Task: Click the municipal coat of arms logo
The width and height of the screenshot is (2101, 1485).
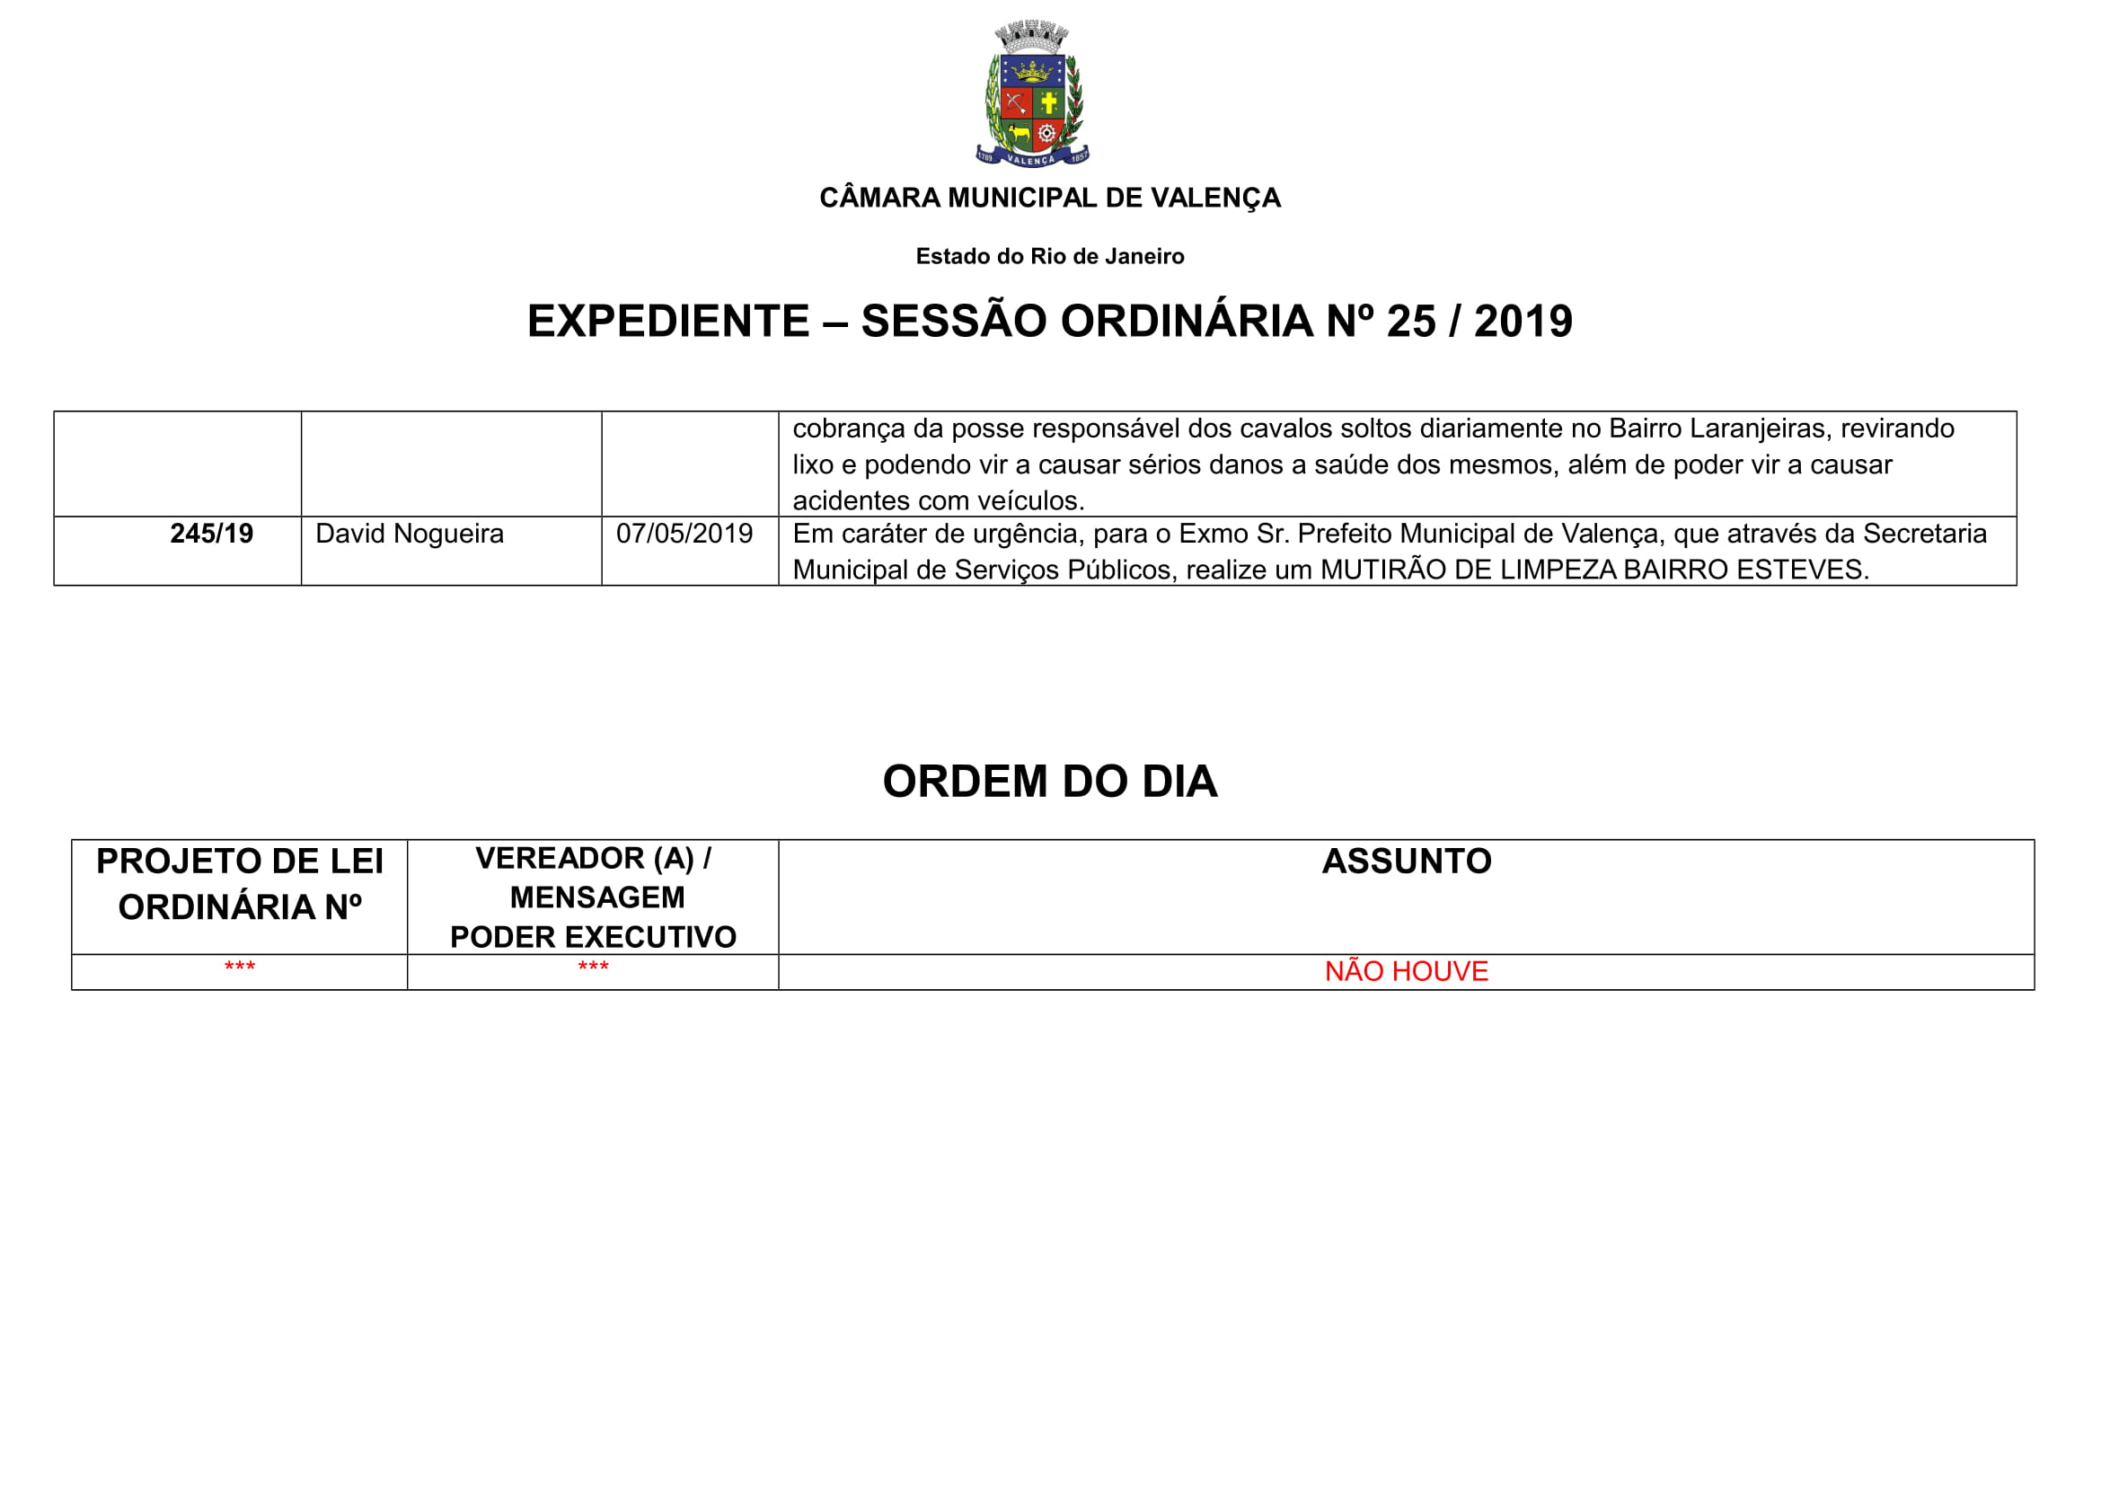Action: coord(1032,94)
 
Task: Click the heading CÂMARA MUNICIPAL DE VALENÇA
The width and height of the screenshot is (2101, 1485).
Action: coord(1049,198)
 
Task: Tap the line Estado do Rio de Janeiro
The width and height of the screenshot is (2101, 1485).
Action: coord(1049,256)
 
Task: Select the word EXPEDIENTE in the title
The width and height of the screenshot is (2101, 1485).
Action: coord(668,321)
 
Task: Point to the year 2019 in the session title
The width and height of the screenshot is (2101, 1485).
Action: coord(1523,321)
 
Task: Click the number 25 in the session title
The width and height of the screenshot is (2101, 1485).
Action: coord(1410,321)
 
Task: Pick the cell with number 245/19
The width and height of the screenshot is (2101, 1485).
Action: coord(211,534)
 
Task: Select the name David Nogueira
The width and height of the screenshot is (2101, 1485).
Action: coord(409,534)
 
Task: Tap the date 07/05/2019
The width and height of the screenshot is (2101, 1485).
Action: coord(684,534)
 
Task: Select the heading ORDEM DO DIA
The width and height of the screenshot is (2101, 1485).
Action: coord(1049,782)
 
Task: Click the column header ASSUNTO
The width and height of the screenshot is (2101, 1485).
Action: coord(1407,862)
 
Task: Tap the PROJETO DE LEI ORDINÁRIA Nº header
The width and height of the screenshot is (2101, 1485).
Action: coord(240,885)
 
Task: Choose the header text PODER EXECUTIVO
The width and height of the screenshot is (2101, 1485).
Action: coord(593,937)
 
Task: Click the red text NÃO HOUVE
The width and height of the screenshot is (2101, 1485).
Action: coord(1407,972)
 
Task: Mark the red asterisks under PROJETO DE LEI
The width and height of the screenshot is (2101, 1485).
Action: coord(240,968)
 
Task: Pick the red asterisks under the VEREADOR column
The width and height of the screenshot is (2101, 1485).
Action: coord(593,968)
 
